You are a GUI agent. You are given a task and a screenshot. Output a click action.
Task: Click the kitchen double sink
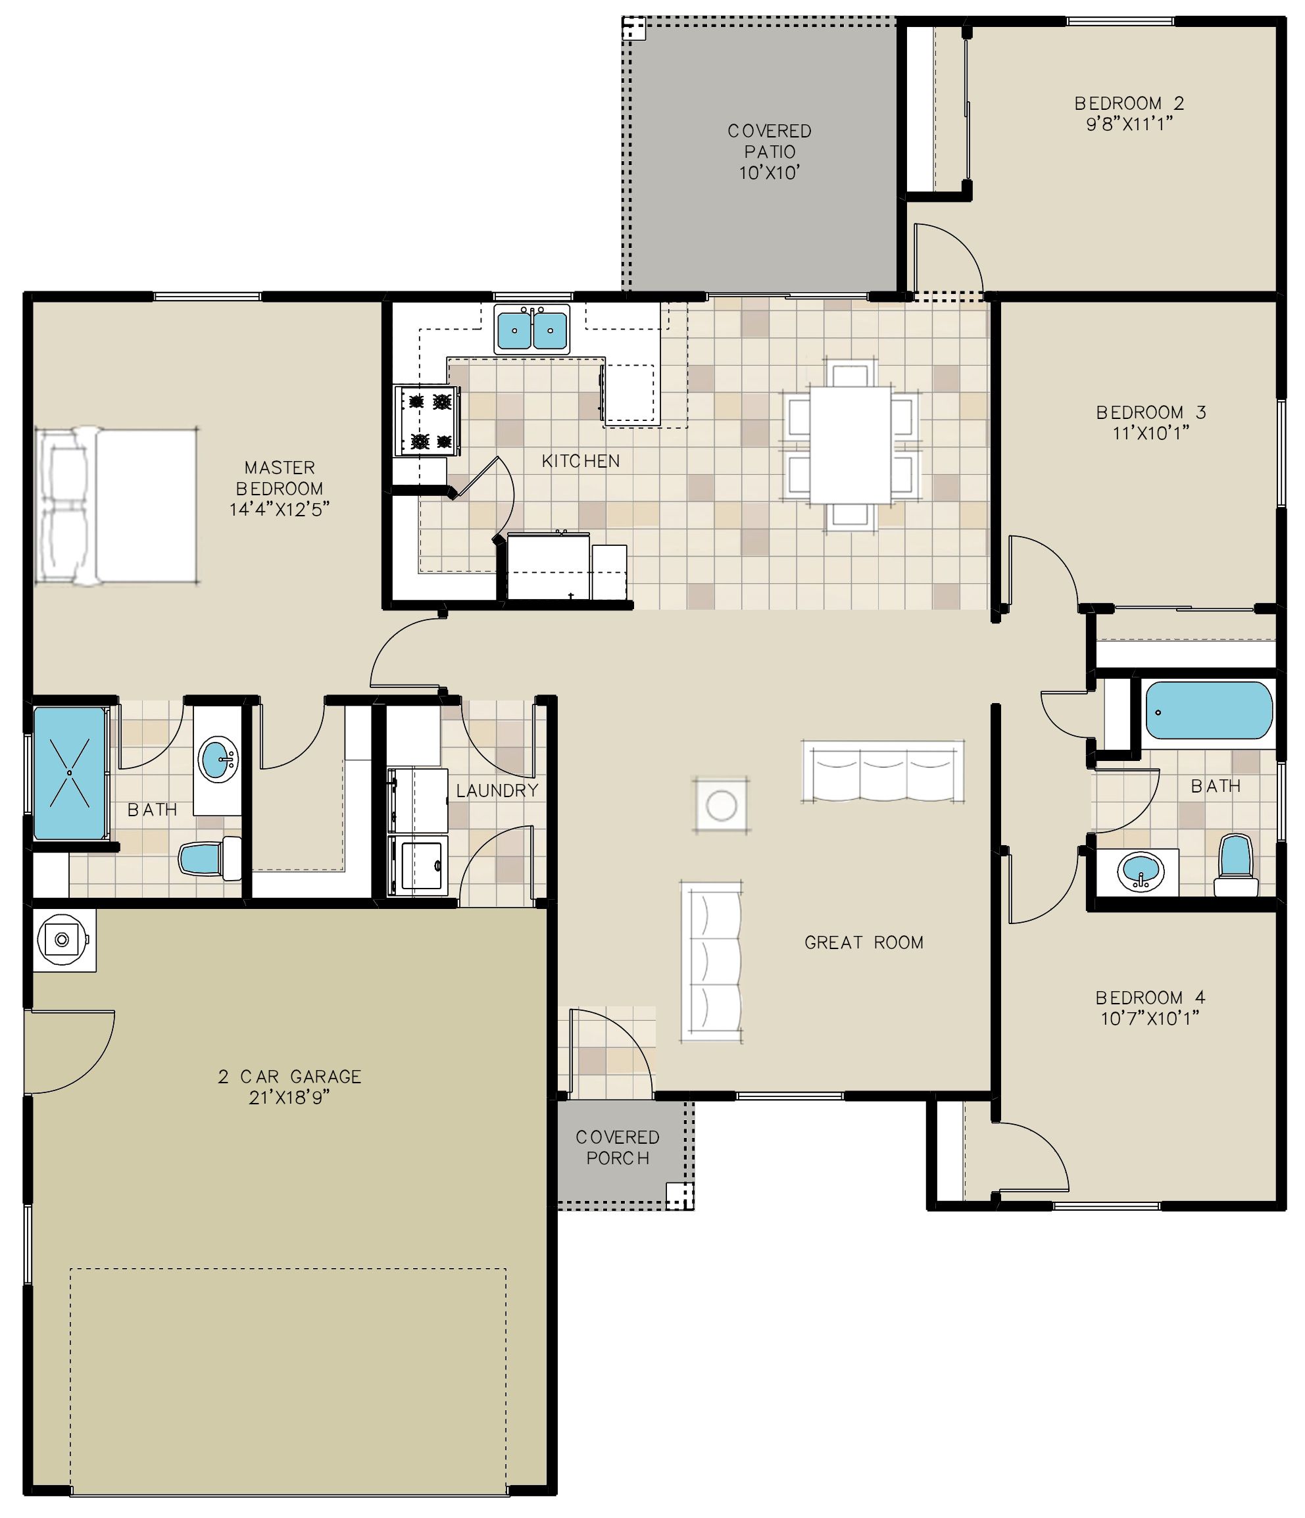tap(532, 329)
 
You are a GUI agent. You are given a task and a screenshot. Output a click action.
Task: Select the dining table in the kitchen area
tap(850, 445)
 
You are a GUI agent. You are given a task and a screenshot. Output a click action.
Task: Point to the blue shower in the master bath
tap(70, 773)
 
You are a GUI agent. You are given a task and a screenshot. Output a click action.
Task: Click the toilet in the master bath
tap(210, 858)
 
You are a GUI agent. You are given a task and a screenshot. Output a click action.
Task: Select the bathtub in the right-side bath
tap(1208, 710)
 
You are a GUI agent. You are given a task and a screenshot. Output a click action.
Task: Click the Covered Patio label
tap(770, 152)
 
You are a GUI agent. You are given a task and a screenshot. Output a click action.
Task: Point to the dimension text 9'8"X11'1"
tap(1129, 124)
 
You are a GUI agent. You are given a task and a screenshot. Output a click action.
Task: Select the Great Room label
tap(864, 942)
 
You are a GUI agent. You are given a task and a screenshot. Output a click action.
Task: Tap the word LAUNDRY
tap(497, 791)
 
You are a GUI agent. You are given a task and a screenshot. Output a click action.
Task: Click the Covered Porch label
tap(618, 1147)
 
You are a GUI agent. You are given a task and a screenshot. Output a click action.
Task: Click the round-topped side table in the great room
tap(722, 805)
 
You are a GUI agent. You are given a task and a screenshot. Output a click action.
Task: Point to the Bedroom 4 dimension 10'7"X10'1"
tap(1150, 1018)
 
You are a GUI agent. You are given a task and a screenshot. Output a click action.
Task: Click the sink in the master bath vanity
tap(217, 760)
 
